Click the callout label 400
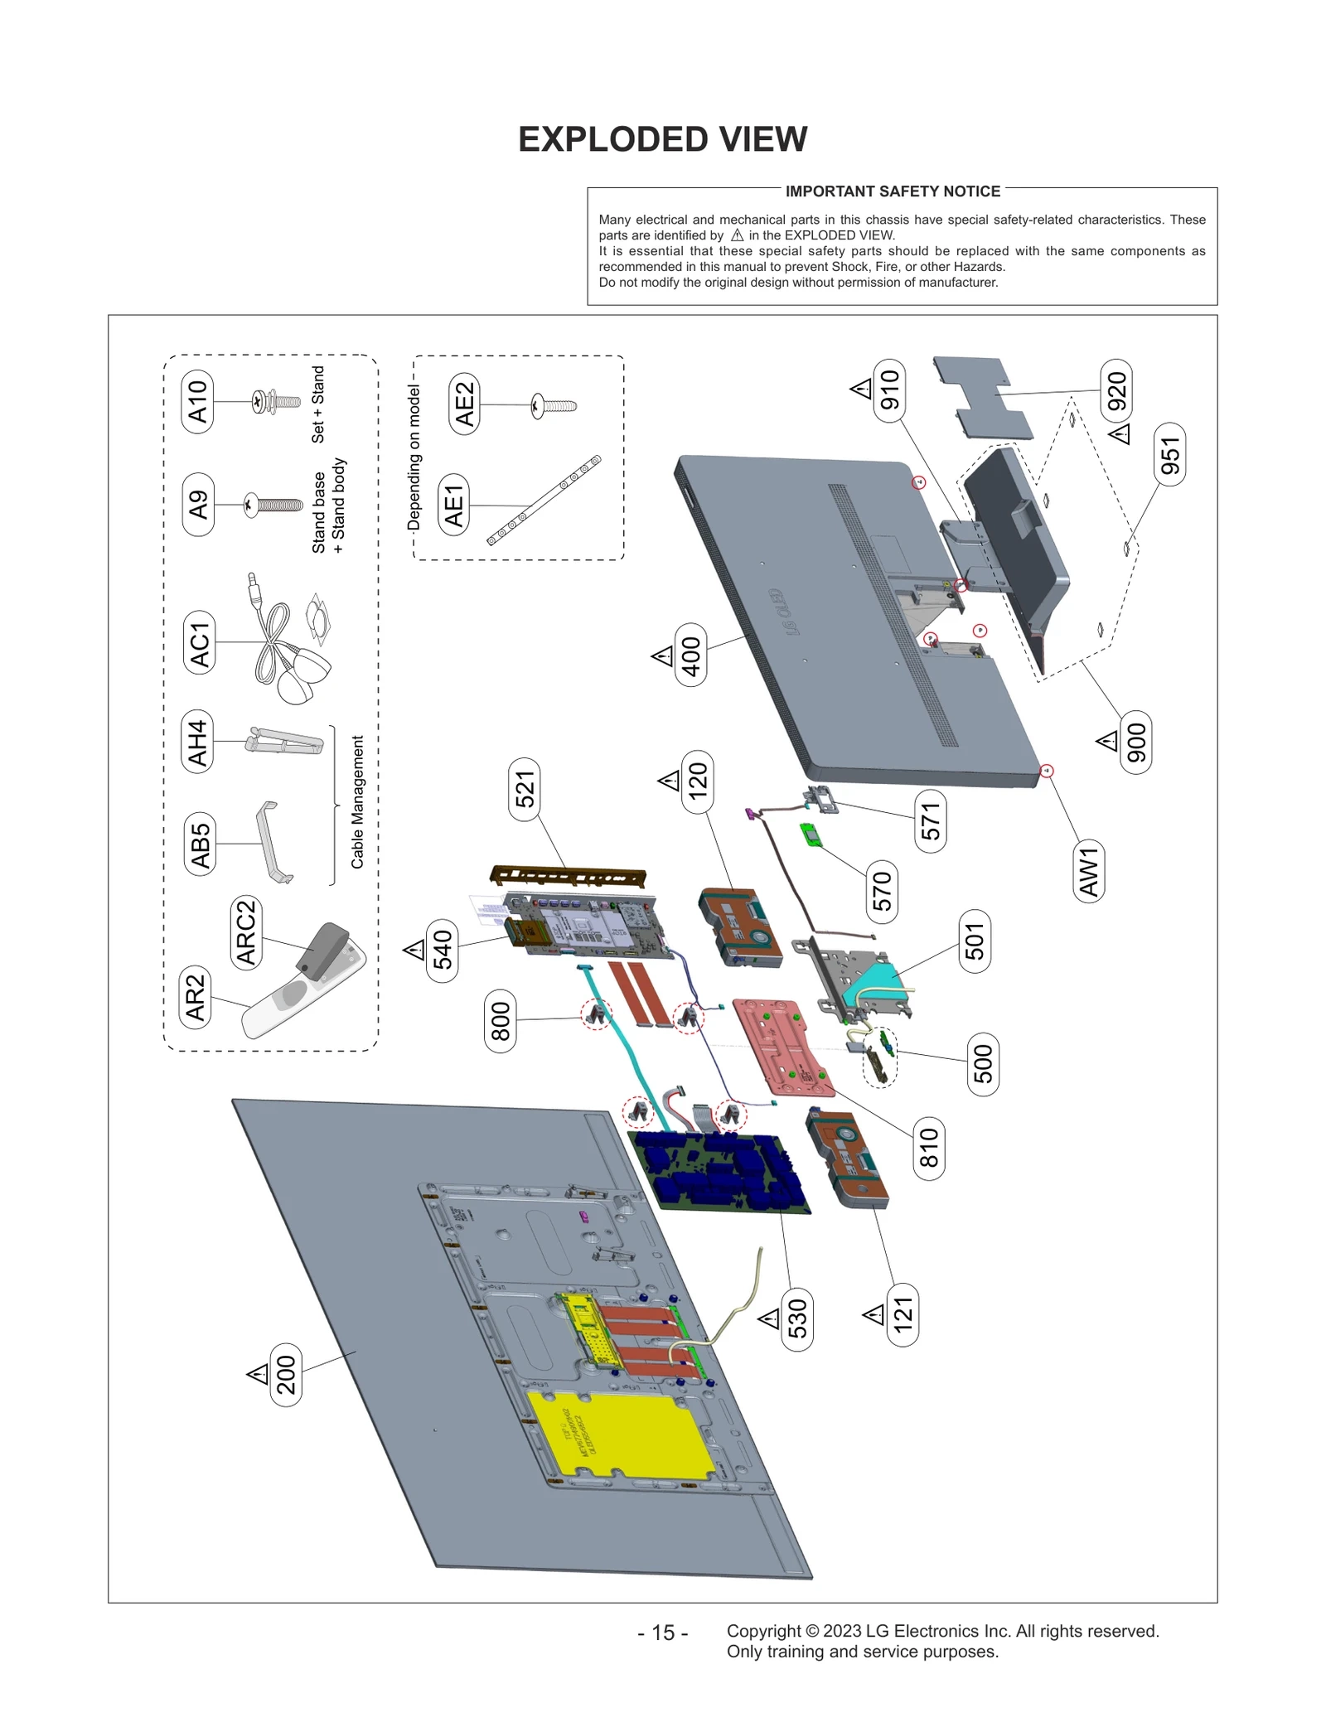coord(691,655)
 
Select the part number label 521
coord(525,789)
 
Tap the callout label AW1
coord(1088,872)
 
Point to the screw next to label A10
coord(275,403)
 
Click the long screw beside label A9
coord(273,504)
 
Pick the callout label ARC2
coord(246,932)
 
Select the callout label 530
coord(796,1318)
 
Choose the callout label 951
coord(1169,455)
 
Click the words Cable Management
coord(357,801)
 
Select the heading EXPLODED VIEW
coord(662,139)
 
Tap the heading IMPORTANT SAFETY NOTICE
coord(892,191)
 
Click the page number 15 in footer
coord(662,1633)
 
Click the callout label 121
coord(903,1314)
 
